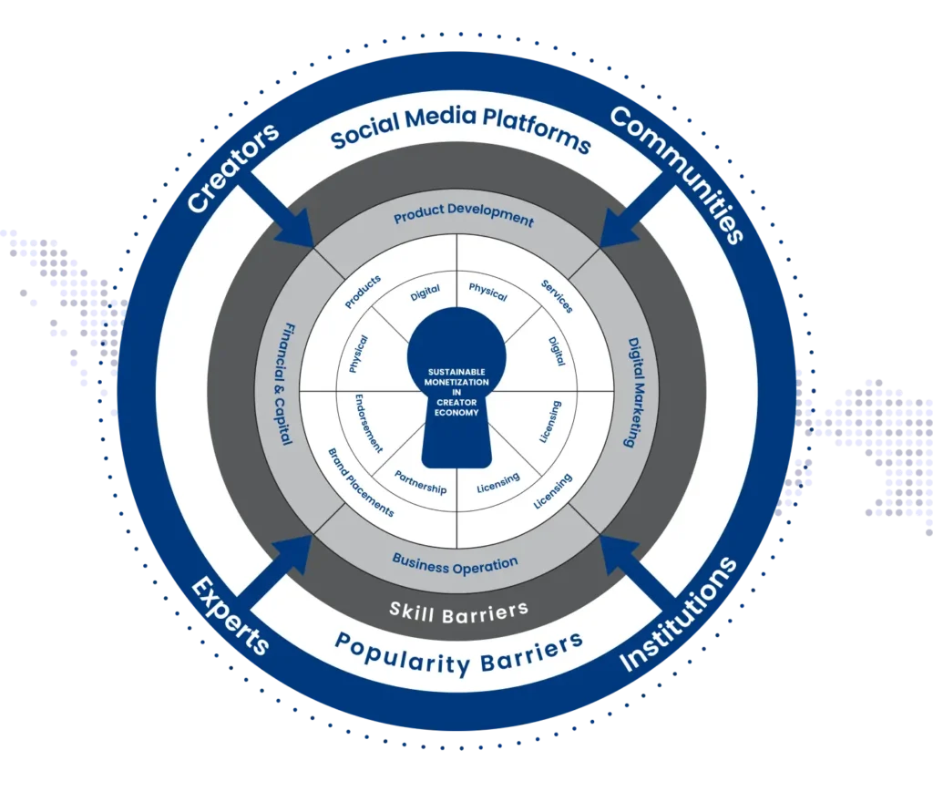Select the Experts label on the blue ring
click(231, 615)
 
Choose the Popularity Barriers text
click(457, 652)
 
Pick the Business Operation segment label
click(455, 564)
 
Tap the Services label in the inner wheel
click(556, 295)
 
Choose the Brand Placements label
click(361, 482)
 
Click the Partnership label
click(420, 482)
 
